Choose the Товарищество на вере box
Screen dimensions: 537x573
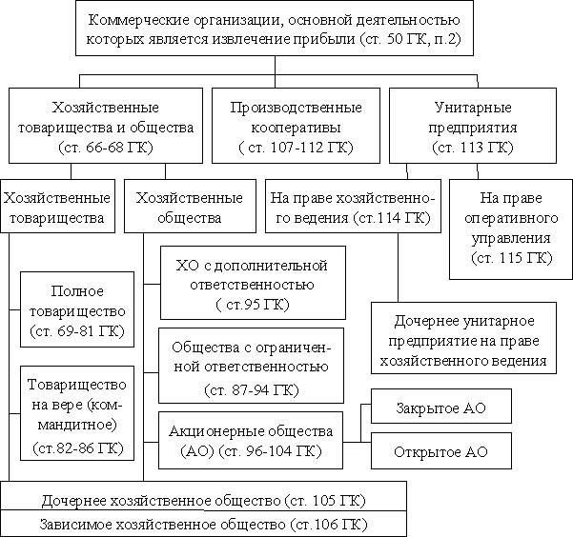click(73, 415)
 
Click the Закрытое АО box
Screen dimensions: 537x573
click(440, 407)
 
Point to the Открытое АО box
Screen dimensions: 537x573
click(440, 449)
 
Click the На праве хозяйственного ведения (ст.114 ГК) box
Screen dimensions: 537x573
click(353, 208)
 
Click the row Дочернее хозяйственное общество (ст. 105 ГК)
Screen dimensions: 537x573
click(203, 499)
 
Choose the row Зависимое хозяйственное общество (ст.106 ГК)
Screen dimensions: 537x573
click(203, 524)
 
